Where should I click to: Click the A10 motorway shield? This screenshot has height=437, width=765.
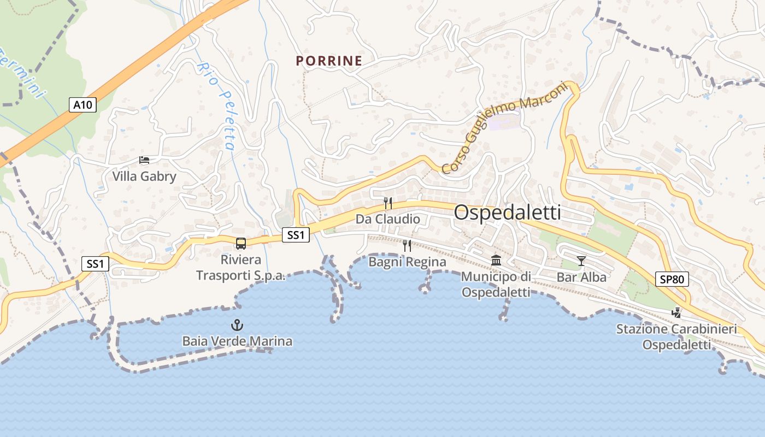[x=83, y=105]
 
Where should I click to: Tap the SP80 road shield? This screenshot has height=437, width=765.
[x=672, y=279]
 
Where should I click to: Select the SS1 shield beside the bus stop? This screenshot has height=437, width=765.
[x=296, y=235]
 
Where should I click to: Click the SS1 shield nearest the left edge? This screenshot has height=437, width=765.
[x=95, y=264]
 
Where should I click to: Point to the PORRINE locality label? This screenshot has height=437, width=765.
[x=329, y=61]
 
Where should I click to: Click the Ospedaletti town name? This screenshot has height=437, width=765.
[x=507, y=212]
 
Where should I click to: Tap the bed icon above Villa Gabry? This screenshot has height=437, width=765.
[x=144, y=160]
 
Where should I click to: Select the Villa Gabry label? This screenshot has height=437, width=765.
[x=144, y=176]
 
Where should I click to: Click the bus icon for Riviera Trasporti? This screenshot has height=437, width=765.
[x=240, y=244]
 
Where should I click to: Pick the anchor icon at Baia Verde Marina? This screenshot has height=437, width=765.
[x=237, y=326]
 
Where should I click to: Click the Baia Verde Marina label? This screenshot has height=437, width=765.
[x=237, y=341]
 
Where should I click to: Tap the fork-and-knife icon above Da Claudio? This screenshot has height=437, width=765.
[x=387, y=203]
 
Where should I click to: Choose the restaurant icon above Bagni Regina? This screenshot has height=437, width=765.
[x=407, y=246]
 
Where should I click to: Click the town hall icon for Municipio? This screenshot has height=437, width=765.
[x=496, y=260]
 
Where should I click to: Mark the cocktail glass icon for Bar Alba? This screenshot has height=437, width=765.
[x=581, y=261]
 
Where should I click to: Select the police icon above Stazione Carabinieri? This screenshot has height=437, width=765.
[x=676, y=313]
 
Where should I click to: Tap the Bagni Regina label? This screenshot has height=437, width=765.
[x=407, y=262]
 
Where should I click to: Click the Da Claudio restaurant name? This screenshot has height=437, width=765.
[x=388, y=219]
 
